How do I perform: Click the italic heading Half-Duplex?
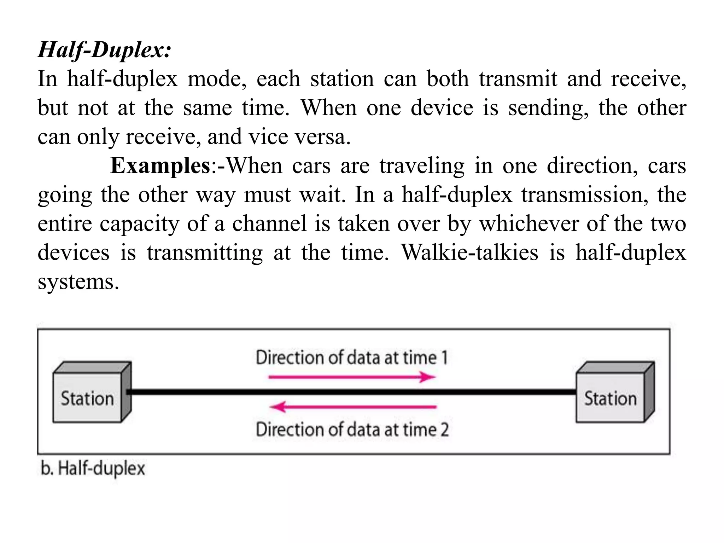(x=105, y=50)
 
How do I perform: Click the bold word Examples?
(x=160, y=165)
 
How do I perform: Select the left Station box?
(x=88, y=398)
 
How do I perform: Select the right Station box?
(x=611, y=398)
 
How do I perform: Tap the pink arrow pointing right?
(x=352, y=377)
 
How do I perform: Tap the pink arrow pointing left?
(x=353, y=407)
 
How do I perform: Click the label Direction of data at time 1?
(x=352, y=357)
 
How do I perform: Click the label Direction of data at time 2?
(x=352, y=430)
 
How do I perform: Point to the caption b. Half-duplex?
(x=93, y=469)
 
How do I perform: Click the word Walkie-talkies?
(x=470, y=252)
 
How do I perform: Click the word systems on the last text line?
(x=78, y=282)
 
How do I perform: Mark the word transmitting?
(x=205, y=253)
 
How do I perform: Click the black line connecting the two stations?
(x=354, y=392)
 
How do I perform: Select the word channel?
(x=269, y=223)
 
